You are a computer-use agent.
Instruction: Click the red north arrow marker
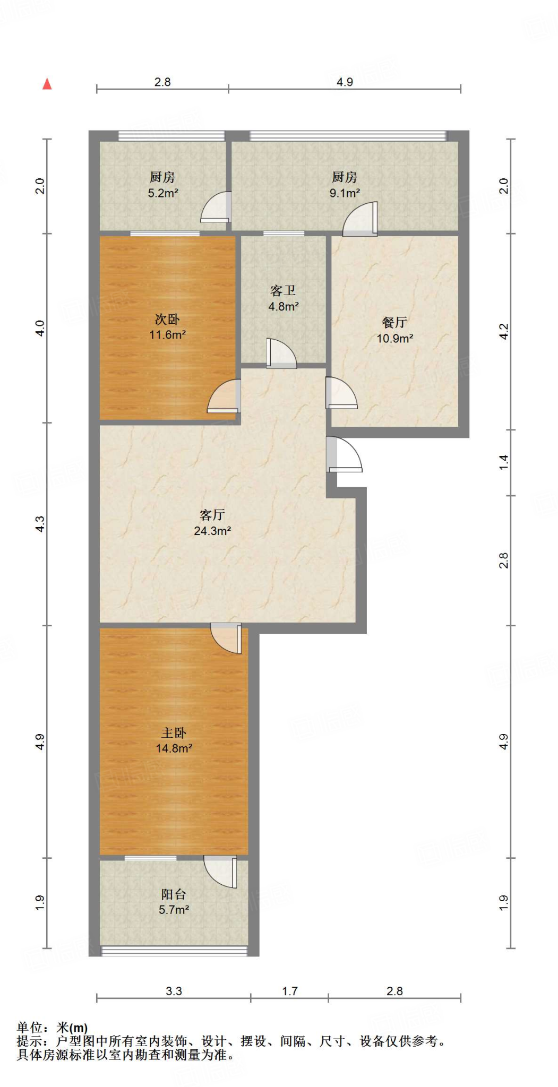pos(47,84)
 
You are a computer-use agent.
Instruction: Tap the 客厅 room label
pos(212,515)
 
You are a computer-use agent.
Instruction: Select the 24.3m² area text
pos(212,531)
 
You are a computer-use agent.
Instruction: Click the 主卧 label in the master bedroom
pos(174,733)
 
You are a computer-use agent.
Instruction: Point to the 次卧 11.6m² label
pos(167,326)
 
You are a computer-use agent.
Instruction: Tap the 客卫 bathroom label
pos(282,291)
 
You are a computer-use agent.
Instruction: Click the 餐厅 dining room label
pos(394,322)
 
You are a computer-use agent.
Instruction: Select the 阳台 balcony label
pos(174,894)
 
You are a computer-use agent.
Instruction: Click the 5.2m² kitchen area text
pos(162,193)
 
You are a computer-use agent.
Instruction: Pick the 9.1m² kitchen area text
pos(345,193)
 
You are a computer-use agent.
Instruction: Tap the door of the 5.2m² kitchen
pos(217,208)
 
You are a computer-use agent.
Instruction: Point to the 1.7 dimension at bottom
pos(289,991)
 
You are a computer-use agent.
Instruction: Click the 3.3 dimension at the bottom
pos(174,991)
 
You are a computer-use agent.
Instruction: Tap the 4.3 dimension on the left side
pos(40,524)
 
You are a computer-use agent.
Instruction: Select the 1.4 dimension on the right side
pos(503,462)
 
